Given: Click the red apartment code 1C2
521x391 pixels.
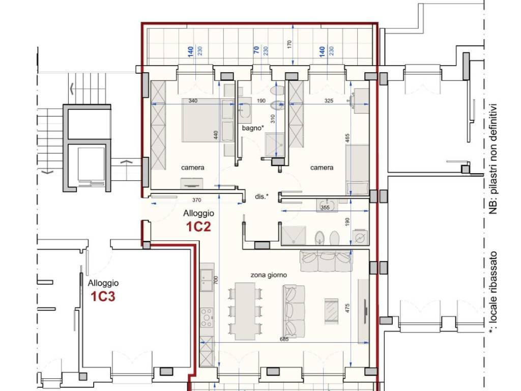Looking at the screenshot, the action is pos(198,227).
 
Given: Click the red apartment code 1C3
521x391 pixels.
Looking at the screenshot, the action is pos(103,296).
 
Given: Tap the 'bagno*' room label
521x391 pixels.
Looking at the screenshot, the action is pos(253,128).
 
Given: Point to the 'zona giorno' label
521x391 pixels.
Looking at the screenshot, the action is pos(269,275).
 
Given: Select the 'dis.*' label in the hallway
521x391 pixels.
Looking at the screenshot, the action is pos(262,197).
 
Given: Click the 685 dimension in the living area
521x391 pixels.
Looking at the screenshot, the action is pos(284,339).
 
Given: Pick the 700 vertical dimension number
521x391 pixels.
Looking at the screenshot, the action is pos(216,281).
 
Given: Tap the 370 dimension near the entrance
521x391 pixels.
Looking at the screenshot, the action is pos(197,200).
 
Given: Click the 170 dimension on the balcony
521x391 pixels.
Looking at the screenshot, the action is pos(289,44).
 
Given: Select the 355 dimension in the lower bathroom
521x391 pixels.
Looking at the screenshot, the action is pos(325,208).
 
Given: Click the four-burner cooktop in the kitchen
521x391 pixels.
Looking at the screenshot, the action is pos(207,318).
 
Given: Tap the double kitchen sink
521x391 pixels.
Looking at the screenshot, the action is pos(207,280).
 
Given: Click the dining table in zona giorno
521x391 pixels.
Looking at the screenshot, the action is pos(245,311).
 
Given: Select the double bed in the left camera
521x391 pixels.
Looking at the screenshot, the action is pos(208,120).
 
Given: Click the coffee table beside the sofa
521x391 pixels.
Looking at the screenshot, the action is pos(332,310).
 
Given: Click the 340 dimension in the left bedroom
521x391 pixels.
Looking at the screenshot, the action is pos(193,101).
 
